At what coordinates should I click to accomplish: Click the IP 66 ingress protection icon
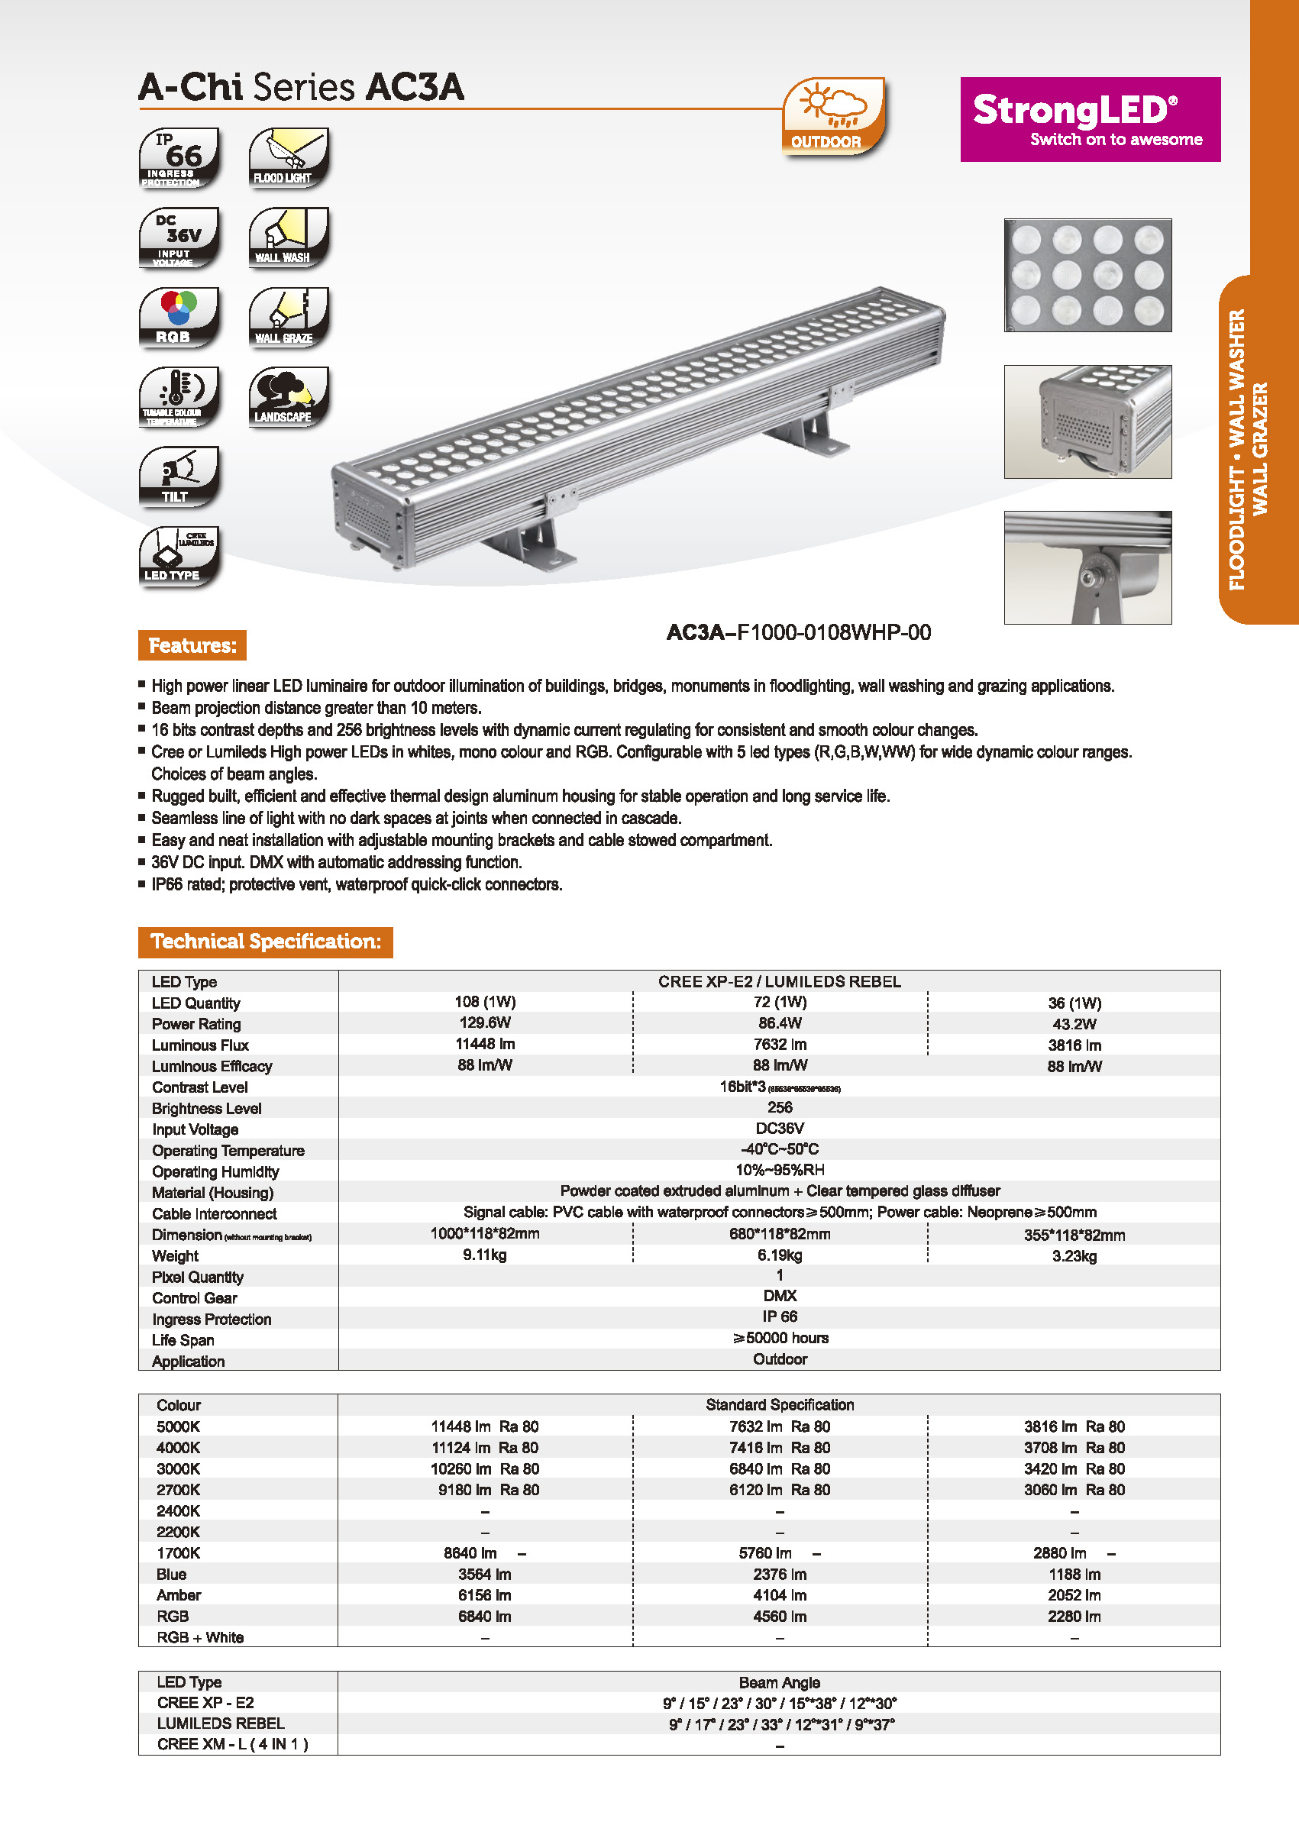coord(179,157)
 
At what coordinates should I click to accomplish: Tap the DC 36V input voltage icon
coord(179,237)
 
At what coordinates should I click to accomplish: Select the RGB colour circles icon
coord(179,317)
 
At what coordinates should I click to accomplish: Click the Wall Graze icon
coord(288,317)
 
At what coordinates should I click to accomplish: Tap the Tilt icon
coord(179,476)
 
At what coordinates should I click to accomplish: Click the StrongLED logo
coord(1090,119)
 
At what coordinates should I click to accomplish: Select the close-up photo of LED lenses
coord(1087,274)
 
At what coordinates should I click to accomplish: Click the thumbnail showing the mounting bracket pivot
coord(1087,567)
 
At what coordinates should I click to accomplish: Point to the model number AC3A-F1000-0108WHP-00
coord(798,633)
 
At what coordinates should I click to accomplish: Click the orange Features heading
coord(192,645)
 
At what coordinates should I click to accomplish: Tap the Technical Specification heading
coord(265,942)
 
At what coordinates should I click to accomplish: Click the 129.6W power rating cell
coord(485,1023)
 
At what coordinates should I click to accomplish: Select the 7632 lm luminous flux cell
coord(779,1045)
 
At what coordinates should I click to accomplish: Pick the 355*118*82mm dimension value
coord(1074,1235)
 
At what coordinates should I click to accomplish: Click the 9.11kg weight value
coord(485,1255)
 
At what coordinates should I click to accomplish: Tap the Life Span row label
coord(183,1339)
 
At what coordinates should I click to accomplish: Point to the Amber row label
coord(179,1595)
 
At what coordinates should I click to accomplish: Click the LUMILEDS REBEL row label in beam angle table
coord(220,1723)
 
